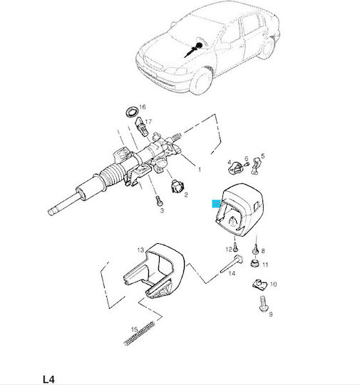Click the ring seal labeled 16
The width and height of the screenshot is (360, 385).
pos(132,112)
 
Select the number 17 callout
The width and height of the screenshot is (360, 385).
pos(148,121)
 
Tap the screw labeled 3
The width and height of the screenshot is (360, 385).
pos(159,200)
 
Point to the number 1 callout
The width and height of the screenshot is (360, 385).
pos(200,170)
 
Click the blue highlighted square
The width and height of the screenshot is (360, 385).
pos(216,203)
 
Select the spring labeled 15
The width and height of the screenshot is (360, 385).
pos(140,333)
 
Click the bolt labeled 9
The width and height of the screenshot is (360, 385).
pos(263,304)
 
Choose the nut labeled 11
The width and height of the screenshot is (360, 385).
pos(254,263)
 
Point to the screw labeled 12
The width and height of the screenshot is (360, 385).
pos(235,247)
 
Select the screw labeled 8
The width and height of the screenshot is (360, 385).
pos(255,249)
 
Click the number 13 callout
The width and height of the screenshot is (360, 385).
pos(140,250)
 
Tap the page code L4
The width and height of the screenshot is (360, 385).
pos(48,379)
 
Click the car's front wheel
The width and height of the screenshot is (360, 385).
pos(201,81)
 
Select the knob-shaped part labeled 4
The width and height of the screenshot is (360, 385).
pos(234,168)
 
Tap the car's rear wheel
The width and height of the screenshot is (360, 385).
pos(267,48)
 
